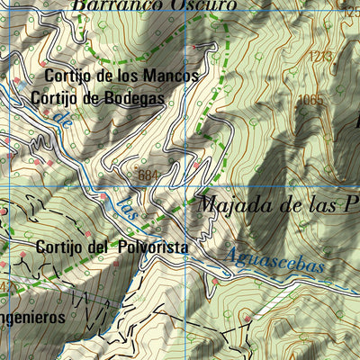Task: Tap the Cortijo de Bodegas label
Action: point(97,98)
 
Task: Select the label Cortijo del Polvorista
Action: point(112,246)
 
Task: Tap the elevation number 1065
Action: point(310,100)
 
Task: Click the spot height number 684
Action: point(149,174)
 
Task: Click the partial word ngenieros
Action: point(32,318)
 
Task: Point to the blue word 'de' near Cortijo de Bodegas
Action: point(61,118)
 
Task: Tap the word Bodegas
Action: point(134,98)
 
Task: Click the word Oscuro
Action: point(204,5)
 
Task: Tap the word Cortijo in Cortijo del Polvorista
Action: point(62,246)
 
